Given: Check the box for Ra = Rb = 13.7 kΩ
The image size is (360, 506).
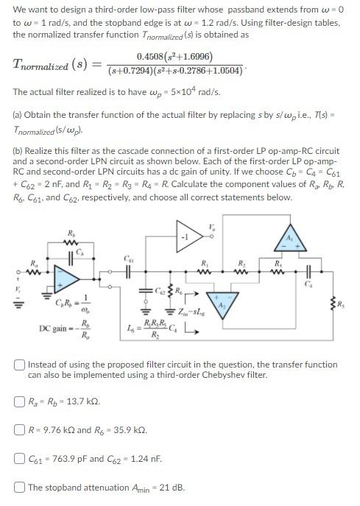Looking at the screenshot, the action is coord(20,401).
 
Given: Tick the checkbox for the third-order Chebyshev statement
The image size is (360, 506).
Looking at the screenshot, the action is coord(20,365).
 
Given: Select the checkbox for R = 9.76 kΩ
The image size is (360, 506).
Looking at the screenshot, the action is coord(20,429).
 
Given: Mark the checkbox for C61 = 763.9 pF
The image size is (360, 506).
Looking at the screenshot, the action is coord(20,458).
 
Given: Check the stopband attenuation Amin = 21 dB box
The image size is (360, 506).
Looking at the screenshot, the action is coord(20,487).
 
